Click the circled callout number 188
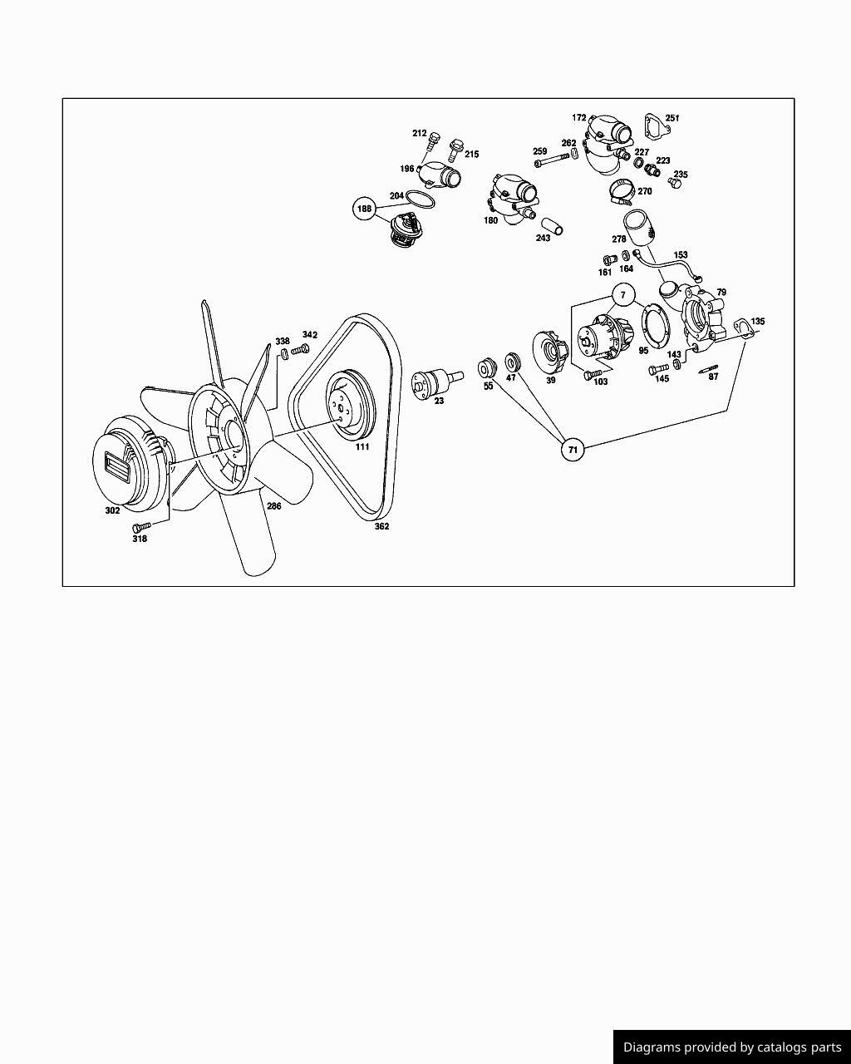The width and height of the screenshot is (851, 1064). point(364,209)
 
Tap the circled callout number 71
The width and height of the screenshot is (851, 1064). point(573,450)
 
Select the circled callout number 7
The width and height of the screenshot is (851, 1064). point(623,295)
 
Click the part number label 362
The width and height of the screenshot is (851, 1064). point(381,526)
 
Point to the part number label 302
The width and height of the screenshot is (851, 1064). point(112,510)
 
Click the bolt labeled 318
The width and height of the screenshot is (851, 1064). point(141,527)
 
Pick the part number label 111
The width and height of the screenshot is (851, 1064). point(362,447)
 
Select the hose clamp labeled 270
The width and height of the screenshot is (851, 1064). point(621,192)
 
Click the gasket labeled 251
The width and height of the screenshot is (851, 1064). point(657,126)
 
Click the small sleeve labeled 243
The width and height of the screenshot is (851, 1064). point(553,226)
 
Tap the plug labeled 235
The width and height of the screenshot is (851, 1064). point(675,183)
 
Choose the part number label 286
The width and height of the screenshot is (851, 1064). point(274,505)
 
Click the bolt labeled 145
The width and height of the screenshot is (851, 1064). point(659,369)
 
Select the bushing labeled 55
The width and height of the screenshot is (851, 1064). point(487,368)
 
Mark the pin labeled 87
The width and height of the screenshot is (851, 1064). point(708,369)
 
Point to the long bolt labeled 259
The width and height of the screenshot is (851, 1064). point(553,160)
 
